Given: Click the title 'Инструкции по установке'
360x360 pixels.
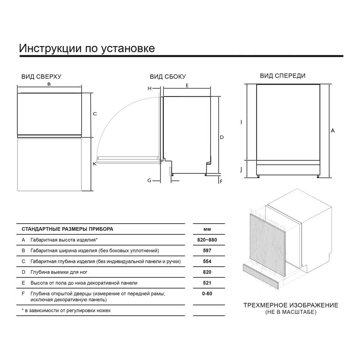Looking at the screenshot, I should [87, 48].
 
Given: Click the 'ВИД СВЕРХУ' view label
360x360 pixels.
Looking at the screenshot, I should [41, 77].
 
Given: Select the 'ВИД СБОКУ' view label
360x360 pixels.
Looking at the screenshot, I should [168, 77].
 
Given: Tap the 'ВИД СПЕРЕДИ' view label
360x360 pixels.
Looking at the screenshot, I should [283, 76].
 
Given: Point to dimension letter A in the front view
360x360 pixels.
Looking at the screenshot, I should [333, 131].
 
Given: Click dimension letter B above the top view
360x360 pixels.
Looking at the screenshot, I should [49, 84].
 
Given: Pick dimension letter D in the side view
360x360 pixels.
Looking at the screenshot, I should [222, 137].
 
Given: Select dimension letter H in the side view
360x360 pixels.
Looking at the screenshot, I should [149, 88].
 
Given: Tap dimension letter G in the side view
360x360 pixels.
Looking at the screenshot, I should [149, 180].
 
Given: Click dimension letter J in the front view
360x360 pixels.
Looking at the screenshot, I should [241, 170].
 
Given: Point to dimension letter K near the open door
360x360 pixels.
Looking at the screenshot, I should [95, 164].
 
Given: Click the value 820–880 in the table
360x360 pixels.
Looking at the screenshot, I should [207, 240].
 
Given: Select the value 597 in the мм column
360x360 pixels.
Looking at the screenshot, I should [207, 251].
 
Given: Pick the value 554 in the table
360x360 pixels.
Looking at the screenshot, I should [207, 261].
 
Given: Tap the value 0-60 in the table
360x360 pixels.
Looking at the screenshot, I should [207, 294].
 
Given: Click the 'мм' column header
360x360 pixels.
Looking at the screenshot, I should [207, 229].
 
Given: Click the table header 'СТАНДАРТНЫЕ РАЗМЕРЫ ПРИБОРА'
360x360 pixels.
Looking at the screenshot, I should [67, 229].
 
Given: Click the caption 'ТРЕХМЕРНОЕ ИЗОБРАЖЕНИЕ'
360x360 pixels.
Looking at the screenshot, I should [291, 305].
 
